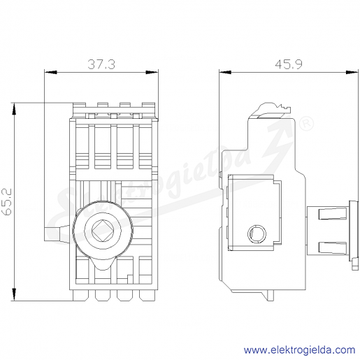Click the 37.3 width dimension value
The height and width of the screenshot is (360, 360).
(101, 64)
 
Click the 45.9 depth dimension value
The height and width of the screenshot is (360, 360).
(289, 64)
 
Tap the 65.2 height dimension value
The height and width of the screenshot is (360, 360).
(7, 202)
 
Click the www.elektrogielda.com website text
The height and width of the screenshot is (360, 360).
(300, 350)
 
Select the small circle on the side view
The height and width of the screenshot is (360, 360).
(257, 233)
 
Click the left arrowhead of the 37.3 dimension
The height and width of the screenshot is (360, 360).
(50, 72)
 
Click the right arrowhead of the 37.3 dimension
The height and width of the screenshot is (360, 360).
(152, 72)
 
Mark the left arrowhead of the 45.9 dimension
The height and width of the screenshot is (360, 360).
(225, 72)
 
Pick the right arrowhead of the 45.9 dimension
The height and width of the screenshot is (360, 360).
(352, 72)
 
